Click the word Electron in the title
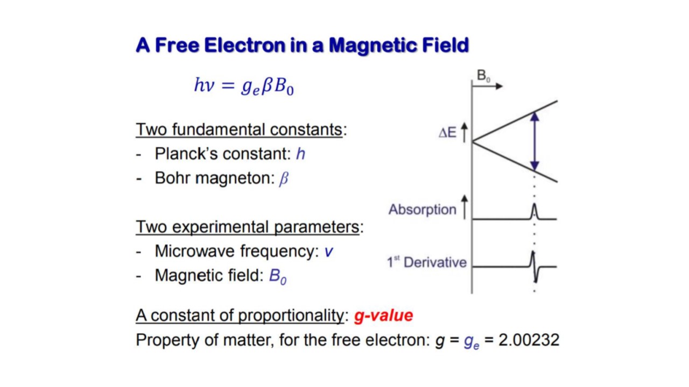(x=244, y=46)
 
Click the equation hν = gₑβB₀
(x=244, y=86)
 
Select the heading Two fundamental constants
(x=239, y=130)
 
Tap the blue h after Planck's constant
(x=300, y=154)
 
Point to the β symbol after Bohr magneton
(x=284, y=178)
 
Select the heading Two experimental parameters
(x=247, y=227)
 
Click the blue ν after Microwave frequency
(x=328, y=252)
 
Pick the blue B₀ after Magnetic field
(x=278, y=276)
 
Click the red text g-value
(x=383, y=316)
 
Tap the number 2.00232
(x=529, y=340)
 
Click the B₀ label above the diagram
(x=483, y=76)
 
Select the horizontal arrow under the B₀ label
(x=488, y=87)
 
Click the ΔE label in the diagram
(x=447, y=133)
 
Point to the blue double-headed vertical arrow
(x=535, y=141)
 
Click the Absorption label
(x=423, y=210)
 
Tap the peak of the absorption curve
(x=535, y=204)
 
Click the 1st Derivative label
(x=427, y=262)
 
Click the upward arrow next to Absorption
(x=465, y=207)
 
